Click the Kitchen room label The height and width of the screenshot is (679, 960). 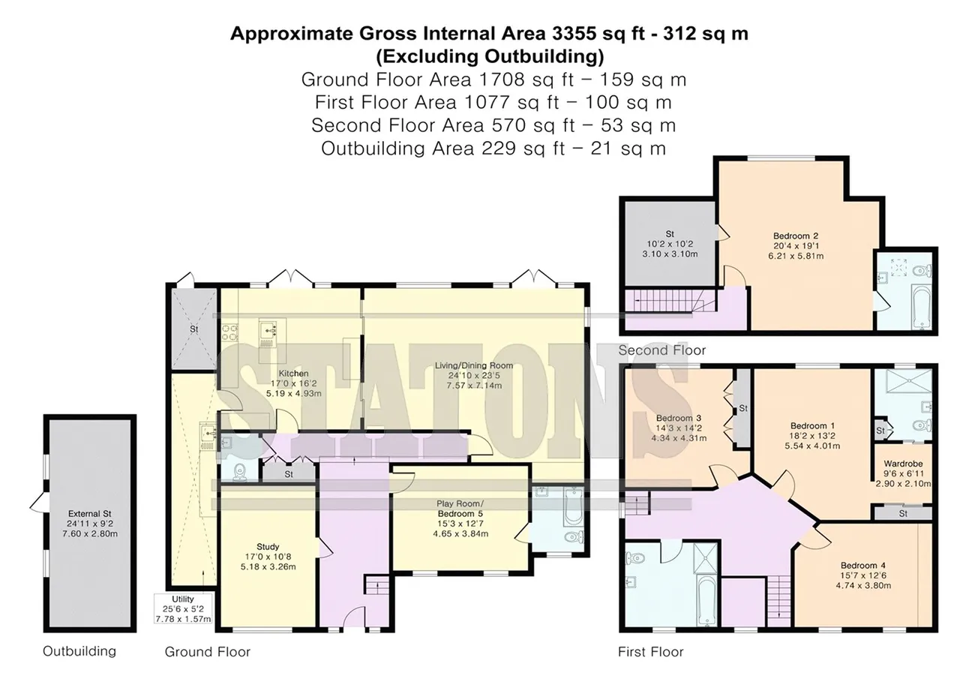(x=293, y=374)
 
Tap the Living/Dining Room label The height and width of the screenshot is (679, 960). (x=473, y=365)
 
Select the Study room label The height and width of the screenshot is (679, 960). (x=268, y=546)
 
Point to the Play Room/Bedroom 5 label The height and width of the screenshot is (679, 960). (x=460, y=509)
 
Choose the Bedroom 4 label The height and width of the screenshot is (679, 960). (x=863, y=566)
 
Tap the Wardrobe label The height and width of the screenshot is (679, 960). (x=903, y=464)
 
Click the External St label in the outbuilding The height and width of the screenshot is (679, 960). (x=89, y=513)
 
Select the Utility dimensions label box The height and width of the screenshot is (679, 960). (x=183, y=609)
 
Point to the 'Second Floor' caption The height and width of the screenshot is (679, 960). (x=661, y=350)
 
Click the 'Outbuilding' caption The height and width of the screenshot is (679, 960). (x=79, y=651)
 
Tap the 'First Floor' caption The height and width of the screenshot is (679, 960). (x=650, y=652)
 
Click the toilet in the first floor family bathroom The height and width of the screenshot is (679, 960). (x=635, y=557)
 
